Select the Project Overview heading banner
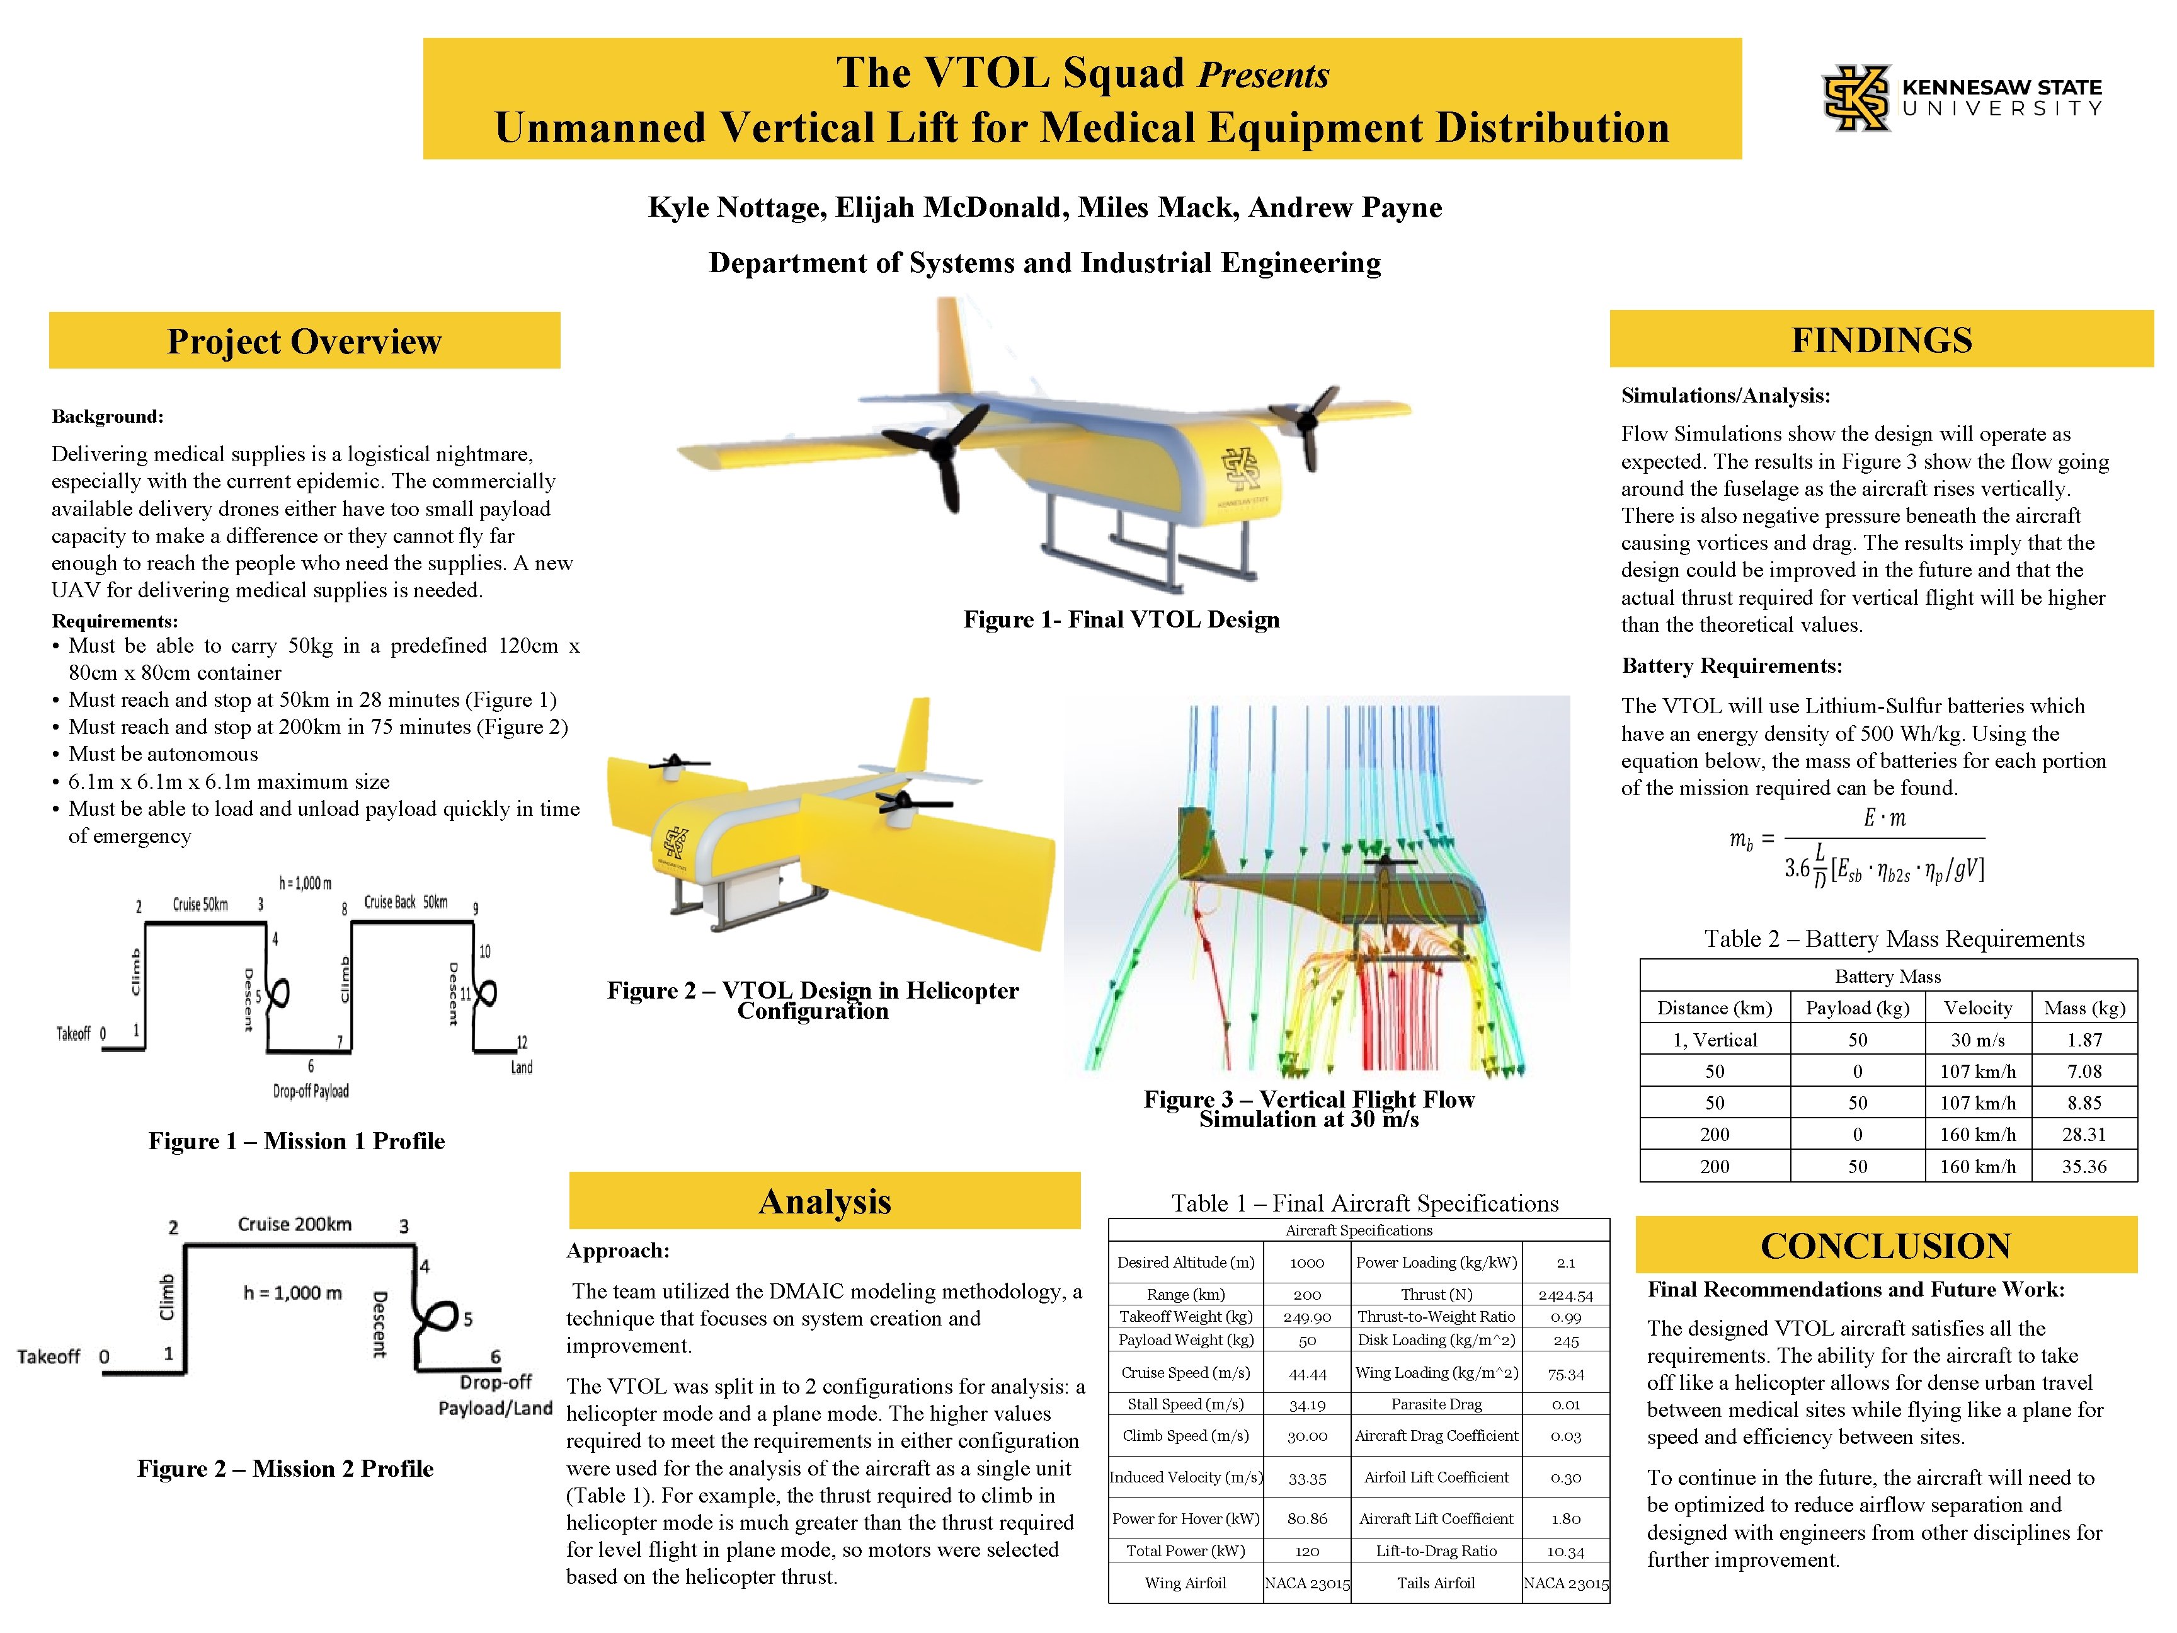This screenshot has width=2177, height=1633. [x=304, y=341]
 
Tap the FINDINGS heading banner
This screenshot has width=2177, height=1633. [x=1881, y=340]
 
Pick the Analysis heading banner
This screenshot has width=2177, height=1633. [x=825, y=1201]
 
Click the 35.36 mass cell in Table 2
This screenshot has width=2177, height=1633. [x=2084, y=1166]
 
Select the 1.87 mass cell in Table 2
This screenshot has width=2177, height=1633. [x=2084, y=1040]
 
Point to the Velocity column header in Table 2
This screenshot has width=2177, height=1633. [x=1977, y=1008]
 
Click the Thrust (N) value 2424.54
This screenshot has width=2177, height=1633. [x=1565, y=1295]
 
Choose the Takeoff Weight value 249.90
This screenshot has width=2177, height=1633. [x=1307, y=1317]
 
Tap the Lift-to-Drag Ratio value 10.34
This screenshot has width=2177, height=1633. [x=1565, y=1551]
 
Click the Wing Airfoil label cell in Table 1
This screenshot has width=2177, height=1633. [x=1185, y=1583]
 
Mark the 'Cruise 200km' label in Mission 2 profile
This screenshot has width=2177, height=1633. [x=294, y=1225]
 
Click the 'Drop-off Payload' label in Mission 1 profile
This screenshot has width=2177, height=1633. [x=311, y=1091]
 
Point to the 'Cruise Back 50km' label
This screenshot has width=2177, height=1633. [x=406, y=902]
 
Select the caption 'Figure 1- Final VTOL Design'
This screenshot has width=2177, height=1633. [x=1121, y=619]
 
